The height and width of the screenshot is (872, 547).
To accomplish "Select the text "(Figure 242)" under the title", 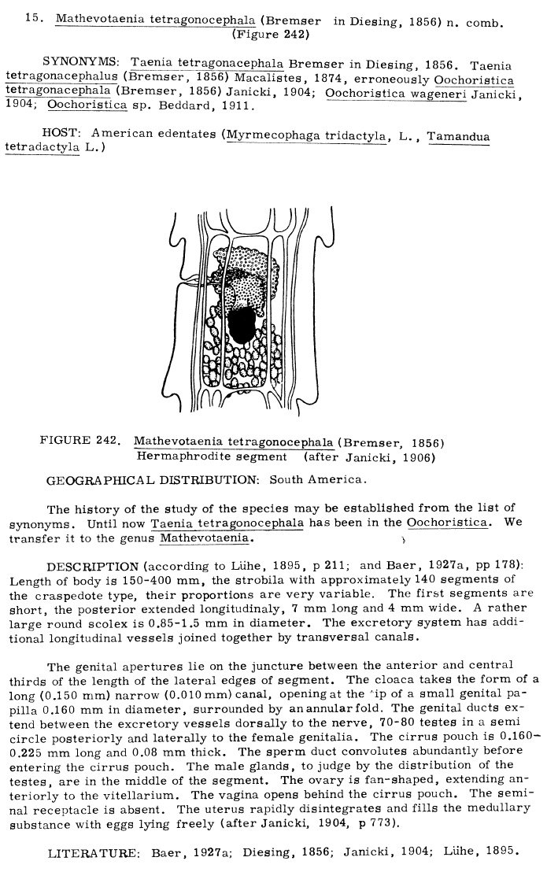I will (x=270, y=34).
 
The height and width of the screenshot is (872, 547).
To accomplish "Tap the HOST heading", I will (x=61, y=135).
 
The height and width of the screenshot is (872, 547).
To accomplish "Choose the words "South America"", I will (x=317, y=479).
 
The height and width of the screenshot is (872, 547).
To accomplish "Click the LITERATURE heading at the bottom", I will (x=91, y=852).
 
